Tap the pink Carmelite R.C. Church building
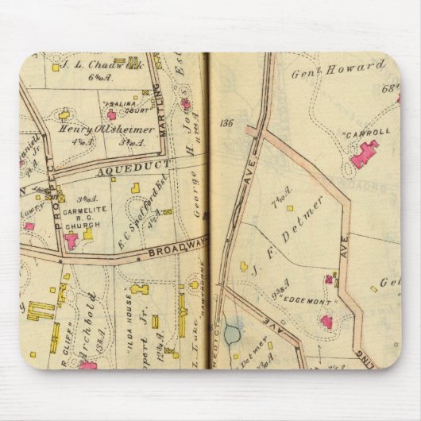tap(73, 239)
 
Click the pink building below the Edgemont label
tap(326, 322)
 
